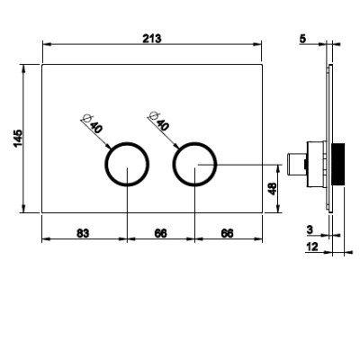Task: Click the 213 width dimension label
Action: click(152, 39)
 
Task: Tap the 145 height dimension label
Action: click(18, 139)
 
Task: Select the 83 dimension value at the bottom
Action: click(83, 233)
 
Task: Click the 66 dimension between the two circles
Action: click(160, 233)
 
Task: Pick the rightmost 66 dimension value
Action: click(227, 233)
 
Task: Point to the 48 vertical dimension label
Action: click(273, 189)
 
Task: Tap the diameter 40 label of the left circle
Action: click(96, 127)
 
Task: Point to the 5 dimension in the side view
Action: click(302, 39)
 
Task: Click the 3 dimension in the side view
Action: click(310, 229)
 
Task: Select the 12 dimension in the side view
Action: click(312, 247)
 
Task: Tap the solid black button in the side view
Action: click(337, 164)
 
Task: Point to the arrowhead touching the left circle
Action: click(108, 146)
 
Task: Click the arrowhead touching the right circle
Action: click(175, 146)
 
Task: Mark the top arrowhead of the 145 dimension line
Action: click(23, 68)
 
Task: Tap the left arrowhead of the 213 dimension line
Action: click(47, 44)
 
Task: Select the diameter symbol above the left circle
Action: click(87, 118)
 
